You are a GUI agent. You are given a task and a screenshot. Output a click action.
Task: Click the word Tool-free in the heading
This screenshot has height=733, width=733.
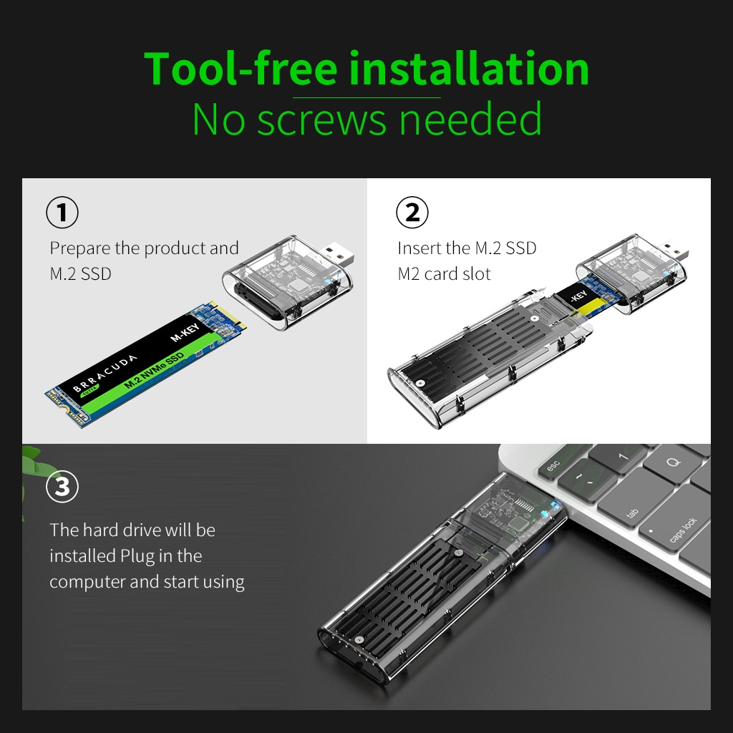click(241, 69)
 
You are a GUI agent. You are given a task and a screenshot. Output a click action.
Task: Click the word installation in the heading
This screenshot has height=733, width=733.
click(469, 69)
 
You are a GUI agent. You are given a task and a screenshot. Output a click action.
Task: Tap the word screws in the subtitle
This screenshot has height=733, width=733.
click(322, 120)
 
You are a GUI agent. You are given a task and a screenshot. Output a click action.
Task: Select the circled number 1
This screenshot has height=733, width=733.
click(62, 213)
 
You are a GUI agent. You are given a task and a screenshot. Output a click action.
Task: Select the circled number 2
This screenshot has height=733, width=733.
click(412, 213)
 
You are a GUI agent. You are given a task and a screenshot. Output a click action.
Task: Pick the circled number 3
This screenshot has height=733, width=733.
click(62, 487)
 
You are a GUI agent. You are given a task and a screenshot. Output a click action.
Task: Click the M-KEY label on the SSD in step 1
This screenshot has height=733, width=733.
click(185, 331)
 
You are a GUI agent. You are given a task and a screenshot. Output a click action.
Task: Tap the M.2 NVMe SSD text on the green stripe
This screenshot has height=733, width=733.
click(155, 370)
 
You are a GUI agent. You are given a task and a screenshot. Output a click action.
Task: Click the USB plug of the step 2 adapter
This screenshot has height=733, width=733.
click(674, 252)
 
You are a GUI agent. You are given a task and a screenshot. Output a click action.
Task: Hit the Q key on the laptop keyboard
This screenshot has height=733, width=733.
click(673, 464)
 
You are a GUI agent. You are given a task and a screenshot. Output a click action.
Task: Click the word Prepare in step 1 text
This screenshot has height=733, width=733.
click(80, 248)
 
